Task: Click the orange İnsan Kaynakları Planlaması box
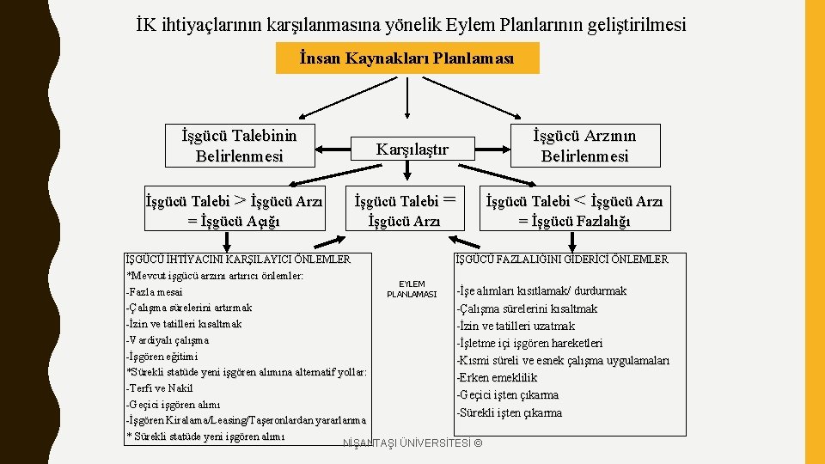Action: tap(406, 58)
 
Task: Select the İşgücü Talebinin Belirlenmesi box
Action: tap(240, 146)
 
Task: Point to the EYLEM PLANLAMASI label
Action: tap(412, 288)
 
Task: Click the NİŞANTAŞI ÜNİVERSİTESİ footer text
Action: tap(412, 443)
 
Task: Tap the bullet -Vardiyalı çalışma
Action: tap(168, 340)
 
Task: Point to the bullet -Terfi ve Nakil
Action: tap(159, 388)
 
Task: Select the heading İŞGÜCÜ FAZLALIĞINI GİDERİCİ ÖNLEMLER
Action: tap(561, 259)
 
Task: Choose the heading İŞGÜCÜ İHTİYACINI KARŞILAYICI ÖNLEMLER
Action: tap(238, 259)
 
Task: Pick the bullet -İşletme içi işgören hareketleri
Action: tap(529, 344)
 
